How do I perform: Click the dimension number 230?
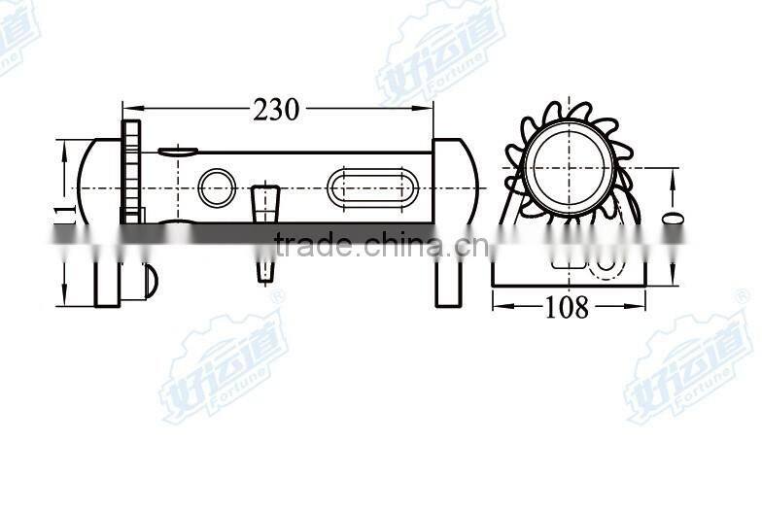click(x=277, y=110)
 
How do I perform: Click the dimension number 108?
click(x=568, y=308)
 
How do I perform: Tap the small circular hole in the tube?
click(x=216, y=187)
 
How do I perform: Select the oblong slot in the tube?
click(x=373, y=187)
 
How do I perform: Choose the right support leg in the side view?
click(x=448, y=282)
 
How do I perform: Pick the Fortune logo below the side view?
click(x=225, y=364)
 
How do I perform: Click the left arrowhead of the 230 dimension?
click(x=126, y=107)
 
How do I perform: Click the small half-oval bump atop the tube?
click(x=178, y=152)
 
